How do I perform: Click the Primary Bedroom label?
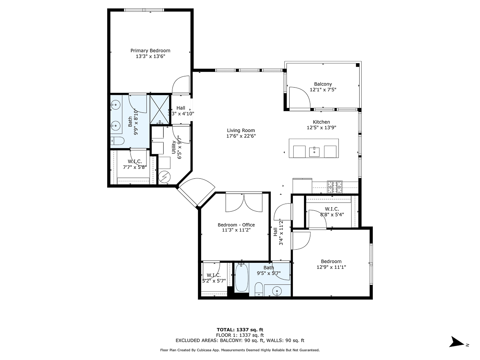click(x=150, y=50)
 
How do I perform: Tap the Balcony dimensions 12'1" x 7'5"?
click(x=323, y=90)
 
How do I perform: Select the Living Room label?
click(x=241, y=130)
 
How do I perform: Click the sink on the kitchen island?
click(x=314, y=152)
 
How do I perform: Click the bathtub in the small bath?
click(x=241, y=278)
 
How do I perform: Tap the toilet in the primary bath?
click(x=117, y=141)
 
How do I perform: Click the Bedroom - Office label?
click(x=236, y=225)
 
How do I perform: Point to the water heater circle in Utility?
click(x=164, y=177)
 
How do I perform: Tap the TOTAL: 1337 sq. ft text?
click(x=240, y=330)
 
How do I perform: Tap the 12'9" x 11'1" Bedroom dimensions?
click(x=331, y=267)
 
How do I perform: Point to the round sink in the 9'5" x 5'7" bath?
click(x=277, y=291)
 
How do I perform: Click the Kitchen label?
click(x=321, y=122)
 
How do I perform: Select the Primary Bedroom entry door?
click(x=180, y=85)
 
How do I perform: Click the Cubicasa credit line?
click(x=240, y=350)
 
